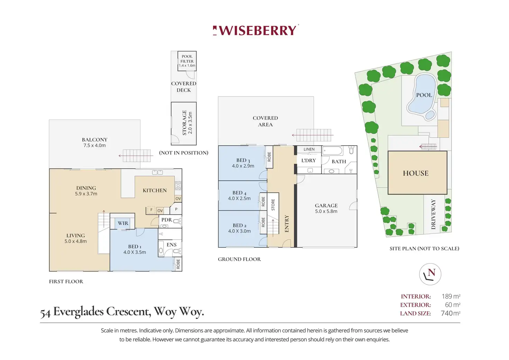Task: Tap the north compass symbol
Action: coord(430,274)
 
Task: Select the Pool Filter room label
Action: coord(187,61)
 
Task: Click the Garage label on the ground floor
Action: coord(326,208)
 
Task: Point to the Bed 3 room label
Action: coord(243,163)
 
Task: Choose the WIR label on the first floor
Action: coord(123,223)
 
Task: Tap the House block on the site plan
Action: coord(416,173)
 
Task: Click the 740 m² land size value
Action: coord(450,313)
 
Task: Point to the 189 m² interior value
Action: coord(451,296)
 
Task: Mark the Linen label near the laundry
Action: coord(309,149)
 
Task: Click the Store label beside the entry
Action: coord(273,205)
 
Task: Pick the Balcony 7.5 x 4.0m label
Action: coord(94,142)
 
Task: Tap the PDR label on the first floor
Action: coord(166,220)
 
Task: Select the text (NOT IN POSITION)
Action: coord(184,153)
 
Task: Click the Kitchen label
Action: coord(155,190)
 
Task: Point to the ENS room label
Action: coord(172,244)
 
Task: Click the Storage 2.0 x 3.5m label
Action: coord(187,123)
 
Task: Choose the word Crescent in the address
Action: coord(128,312)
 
